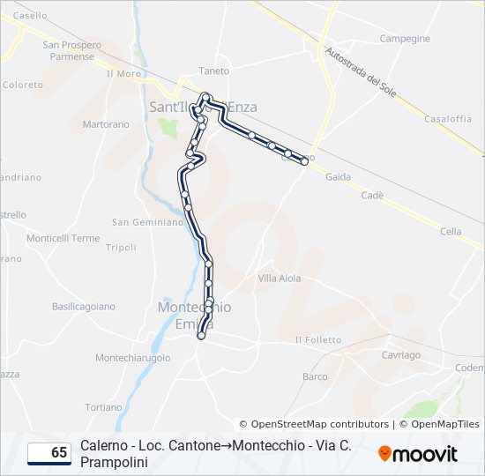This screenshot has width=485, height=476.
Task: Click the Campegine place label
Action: [405, 39]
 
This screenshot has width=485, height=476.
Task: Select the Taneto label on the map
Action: [214, 71]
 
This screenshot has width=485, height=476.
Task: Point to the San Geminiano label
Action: [146, 222]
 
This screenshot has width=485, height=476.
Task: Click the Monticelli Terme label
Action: [63, 238]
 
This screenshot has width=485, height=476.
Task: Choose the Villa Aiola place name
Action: [279, 279]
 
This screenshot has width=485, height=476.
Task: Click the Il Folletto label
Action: [317, 339]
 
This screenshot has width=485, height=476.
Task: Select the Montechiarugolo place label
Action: [132, 358]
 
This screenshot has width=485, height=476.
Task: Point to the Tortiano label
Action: [104, 407]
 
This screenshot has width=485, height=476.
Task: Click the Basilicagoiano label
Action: [84, 307]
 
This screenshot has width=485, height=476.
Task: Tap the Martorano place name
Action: [106, 125]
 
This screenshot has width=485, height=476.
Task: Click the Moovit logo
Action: [418, 454]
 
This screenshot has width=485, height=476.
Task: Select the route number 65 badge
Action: [49, 453]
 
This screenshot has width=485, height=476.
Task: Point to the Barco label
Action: [315, 376]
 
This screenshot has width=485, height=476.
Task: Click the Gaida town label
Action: [338, 176]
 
